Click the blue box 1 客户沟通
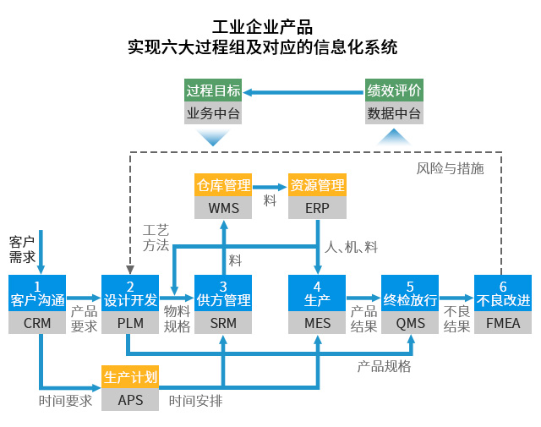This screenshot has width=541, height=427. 37,293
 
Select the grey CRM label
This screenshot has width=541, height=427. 37,323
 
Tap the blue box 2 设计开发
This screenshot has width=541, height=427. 130,293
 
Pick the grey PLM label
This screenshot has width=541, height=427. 130,323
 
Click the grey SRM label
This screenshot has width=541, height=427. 223,323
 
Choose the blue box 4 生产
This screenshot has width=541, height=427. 317,293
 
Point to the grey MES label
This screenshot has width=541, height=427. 317,323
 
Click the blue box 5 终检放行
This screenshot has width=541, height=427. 410,293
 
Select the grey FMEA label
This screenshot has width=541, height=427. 503,323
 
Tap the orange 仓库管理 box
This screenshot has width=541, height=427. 223,185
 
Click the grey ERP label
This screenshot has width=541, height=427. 317,208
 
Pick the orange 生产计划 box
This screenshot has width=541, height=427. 130,377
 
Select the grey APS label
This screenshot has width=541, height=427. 130,400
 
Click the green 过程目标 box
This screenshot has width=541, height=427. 213,90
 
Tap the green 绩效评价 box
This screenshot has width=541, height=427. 394,90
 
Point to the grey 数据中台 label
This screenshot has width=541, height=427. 394,112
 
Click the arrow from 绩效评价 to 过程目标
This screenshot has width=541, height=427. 303,92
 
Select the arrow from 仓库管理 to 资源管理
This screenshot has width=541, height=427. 270,187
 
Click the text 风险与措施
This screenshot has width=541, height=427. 450,168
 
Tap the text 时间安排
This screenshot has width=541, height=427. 195,401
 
